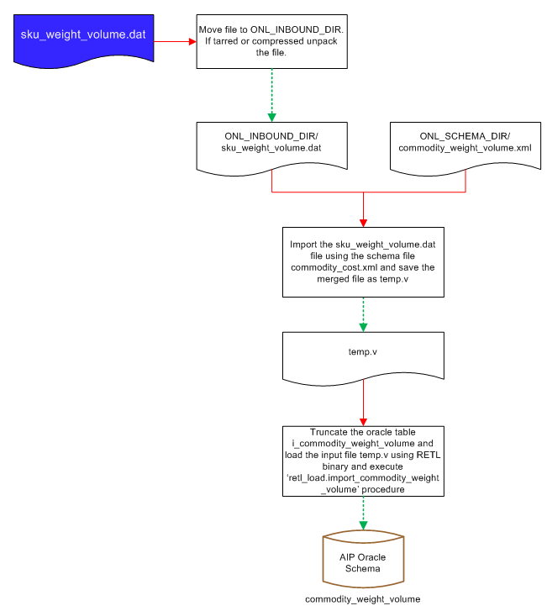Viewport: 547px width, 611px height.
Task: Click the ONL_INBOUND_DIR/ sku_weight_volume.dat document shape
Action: point(272,145)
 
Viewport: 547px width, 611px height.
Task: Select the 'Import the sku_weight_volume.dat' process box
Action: point(362,261)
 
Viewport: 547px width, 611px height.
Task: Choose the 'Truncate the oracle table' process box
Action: point(362,461)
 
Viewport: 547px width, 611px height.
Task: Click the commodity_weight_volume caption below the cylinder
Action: point(362,599)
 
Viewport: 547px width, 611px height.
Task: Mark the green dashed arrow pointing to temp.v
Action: point(362,313)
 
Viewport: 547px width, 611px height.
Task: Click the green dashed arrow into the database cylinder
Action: point(362,513)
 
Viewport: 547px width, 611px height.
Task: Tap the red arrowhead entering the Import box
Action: point(362,222)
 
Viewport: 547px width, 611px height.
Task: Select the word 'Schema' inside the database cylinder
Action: point(362,569)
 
